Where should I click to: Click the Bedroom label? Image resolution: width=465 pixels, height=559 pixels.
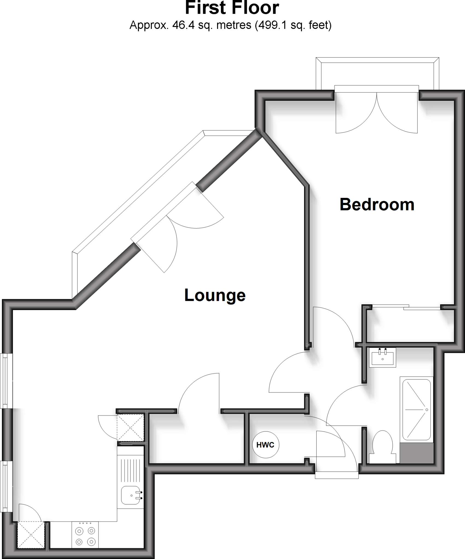(x=377, y=205)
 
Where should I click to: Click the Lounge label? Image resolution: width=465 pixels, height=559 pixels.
(x=215, y=295)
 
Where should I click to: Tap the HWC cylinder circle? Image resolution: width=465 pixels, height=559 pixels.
(x=265, y=445)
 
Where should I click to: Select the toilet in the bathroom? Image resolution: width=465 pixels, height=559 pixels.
(x=382, y=446)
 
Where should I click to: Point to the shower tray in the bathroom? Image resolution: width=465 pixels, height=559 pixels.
(x=416, y=409)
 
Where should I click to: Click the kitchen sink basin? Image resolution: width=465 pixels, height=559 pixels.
(x=131, y=495)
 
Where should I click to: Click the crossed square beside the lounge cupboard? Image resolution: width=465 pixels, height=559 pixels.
(x=130, y=427)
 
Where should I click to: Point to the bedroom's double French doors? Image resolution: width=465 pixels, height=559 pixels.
(x=376, y=112)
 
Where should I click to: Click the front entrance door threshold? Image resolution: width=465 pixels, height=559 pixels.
(x=337, y=475)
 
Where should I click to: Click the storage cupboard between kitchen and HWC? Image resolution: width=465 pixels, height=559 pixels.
(x=196, y=439)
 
